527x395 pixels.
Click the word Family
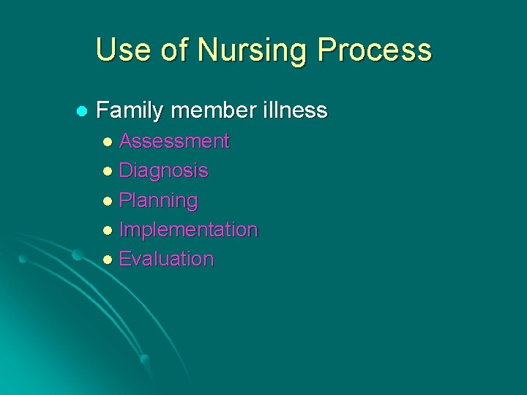pyautogui.click(x=131, y=111)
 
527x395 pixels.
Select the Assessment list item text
pyautogui.click(x=174, y=141)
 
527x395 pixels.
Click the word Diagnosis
pyautogui.click(x=163, y=171)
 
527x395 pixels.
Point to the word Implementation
pyautogui.click(x=188, y=230)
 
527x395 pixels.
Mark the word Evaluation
pyautogui.click(x=166, y=259)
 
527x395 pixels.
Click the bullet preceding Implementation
pyautogui.click(x=108, y=230)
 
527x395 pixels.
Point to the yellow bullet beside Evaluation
pyautogui.click(x=108, y=260)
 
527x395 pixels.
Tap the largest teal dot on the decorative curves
pyautogui.click(x=76, y=255)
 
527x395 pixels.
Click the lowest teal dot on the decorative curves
pyautogui.click(x=144, y=358)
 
